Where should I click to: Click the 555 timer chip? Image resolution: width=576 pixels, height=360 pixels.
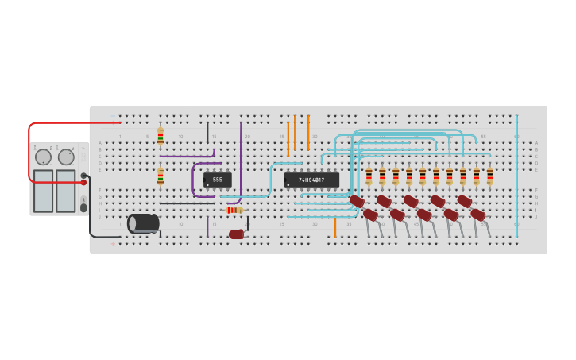pyautogui.click(x=217, y=180)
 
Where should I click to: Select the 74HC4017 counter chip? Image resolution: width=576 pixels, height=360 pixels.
pyautogui.click(x=311, y=180)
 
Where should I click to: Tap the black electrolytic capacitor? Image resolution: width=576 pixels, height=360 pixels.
pyautogui.click(x=143, y=223)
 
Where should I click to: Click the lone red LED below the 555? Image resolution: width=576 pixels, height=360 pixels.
pyautogui.click(x=237, y=234)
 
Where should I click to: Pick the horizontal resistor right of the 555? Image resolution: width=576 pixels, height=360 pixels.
pyautogui.click(x=234, y=210)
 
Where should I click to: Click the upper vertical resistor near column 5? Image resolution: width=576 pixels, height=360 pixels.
pyautogui.click(x=160, y=137)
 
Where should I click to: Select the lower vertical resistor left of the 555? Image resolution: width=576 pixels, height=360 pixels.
pyautogui.click(x=160, y=176)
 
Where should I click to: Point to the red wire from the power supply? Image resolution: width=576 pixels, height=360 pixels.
pyautogui.click(x=72, y=123)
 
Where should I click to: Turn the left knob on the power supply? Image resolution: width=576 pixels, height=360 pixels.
pyautogui.click(x=43, y=157)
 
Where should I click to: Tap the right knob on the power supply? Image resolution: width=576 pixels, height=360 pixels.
pyautogui.click(x=66, y=157)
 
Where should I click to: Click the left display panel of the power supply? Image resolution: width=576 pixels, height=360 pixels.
pyautogui.click(x=43, y=191)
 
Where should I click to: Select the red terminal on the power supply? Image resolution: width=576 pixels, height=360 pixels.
pyautogui.click(x=83, y=183)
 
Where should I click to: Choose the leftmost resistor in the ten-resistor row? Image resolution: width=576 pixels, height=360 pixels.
pyautogui.click(x=369, y=176)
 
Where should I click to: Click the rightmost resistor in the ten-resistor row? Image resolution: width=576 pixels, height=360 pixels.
pyautogui.click(x=490, y=176)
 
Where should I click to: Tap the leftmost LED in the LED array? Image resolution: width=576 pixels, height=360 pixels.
pyautogui.click(x=357, y=202)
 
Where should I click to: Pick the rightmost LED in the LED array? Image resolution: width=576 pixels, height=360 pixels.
pyautogui.click(x=478, y=215)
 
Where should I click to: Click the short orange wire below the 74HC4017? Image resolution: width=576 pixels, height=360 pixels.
pyautogui.click(x=335, y=227)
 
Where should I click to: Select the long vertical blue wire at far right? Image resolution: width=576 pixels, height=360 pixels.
pyautogui.click(x=516, y=175)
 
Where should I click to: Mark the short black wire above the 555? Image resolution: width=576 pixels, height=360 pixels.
pyautogui.click(x=207, y=132)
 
